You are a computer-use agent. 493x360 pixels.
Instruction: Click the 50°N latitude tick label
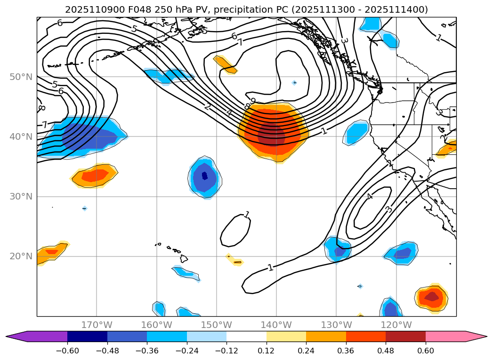pos(21,77)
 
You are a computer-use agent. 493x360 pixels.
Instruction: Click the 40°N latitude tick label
pos(21,136)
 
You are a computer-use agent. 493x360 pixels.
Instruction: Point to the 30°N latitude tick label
pos(21,196)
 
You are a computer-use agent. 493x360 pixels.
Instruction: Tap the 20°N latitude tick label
pos(21,256)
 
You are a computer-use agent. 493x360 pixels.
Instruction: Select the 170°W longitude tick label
pos(97,325)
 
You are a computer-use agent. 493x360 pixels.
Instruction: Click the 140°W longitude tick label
pos(276,325)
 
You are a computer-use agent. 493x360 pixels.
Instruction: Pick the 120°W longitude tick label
pos(396,325)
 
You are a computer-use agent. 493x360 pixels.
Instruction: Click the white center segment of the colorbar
pos(246,336)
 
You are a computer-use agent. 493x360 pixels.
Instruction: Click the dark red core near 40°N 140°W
pos(272,136)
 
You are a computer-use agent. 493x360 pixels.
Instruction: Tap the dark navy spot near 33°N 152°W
pos(205,176)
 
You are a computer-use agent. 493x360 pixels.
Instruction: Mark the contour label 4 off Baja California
pos(370,196)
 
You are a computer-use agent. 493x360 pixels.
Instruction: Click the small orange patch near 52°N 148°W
pos(226,65)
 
